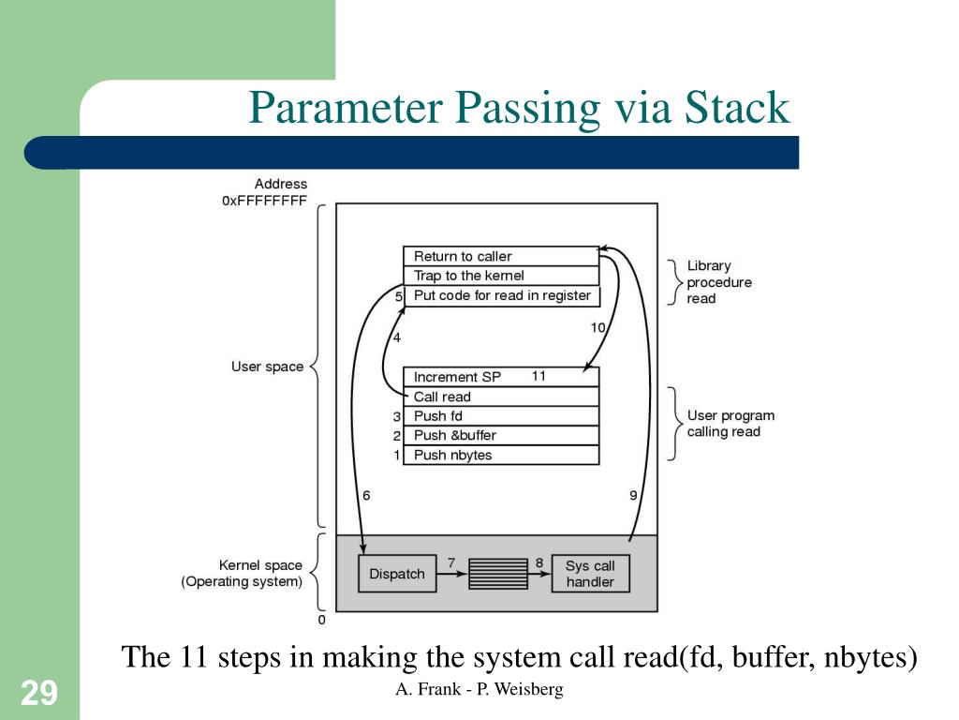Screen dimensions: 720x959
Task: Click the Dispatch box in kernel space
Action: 397,574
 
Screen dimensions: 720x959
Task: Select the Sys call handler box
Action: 590,574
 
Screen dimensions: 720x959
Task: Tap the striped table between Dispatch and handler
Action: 498,574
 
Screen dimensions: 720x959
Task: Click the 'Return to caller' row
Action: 500,256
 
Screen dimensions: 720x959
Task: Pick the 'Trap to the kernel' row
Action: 500,276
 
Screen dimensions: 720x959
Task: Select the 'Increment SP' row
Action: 500,377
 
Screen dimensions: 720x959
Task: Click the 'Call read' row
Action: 500,397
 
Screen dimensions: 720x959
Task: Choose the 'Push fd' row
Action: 500,416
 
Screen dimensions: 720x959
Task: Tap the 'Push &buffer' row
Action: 500,435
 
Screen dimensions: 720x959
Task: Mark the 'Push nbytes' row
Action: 500,455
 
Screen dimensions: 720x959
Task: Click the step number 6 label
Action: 366,496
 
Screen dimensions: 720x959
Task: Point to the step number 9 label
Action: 633,496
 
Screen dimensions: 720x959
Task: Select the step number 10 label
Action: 598,327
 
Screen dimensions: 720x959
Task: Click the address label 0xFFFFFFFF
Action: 264,201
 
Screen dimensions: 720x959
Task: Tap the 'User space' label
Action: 267,367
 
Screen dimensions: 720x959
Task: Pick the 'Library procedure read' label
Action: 719,282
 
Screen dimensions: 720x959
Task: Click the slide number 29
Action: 39,694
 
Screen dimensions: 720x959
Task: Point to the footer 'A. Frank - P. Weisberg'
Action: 479,690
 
